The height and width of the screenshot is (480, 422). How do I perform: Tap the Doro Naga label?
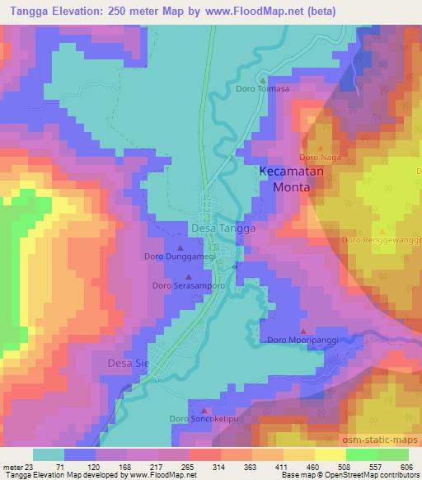319,157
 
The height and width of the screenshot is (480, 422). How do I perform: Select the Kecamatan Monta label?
285,179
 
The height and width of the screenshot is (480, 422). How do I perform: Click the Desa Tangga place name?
223,228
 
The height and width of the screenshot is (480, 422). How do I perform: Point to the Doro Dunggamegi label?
181,256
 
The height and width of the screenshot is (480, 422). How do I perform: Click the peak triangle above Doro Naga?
320,147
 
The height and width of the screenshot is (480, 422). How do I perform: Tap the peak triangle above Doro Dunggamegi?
181,247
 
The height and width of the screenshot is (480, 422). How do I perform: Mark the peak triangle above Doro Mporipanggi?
303,330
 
